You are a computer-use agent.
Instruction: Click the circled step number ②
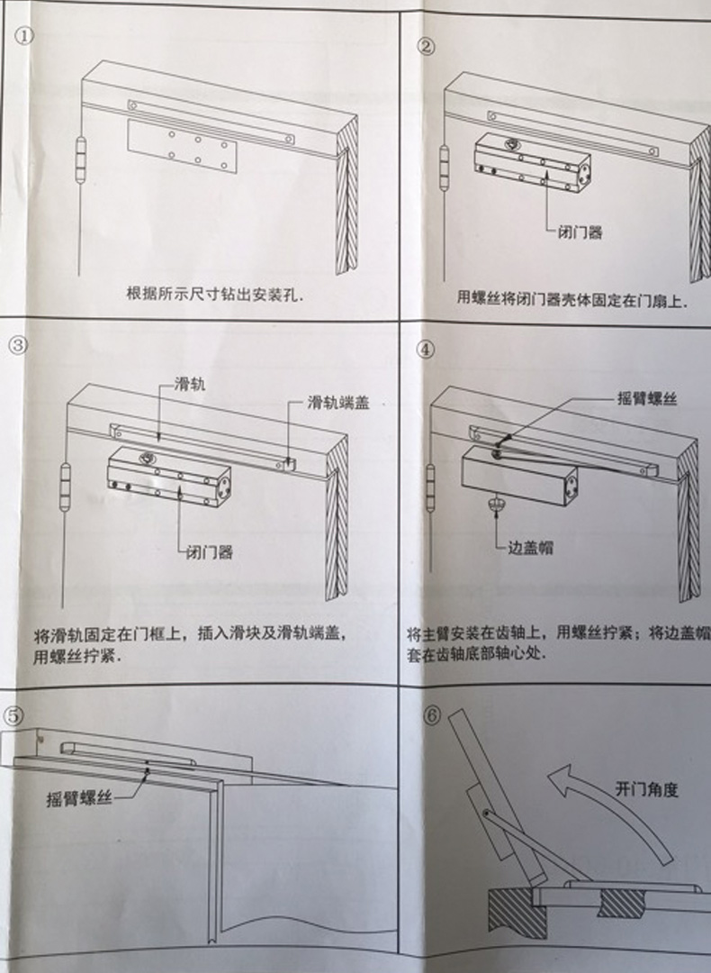point(428,46)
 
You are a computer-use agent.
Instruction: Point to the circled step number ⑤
point(15,716)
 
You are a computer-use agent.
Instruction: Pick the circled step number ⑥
point(433,715)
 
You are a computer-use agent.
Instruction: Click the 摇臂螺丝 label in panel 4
point(645,399)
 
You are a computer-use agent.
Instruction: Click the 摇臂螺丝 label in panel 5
point(80,798)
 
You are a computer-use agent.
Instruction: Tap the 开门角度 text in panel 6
point(646,789)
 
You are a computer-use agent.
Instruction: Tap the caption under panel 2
point(571,298)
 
